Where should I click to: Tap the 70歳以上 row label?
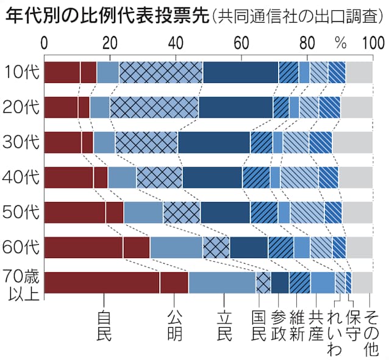pyautogui.click(x=21, y=283)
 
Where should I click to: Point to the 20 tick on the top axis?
pyautogui.click(x=110, y=43)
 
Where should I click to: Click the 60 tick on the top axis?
pyautogui.click(x=241, y=43)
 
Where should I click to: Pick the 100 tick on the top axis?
pyautogui.click(x=372, y=43)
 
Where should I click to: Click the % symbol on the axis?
pyautogui.click(x=340, y=43)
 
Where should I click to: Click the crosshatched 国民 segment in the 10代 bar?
pyautogui.click(x=161, y=72)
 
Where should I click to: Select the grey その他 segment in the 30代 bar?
pyautogui.click(x=352, y=142)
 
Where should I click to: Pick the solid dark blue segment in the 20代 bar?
pyautogui.click(x=235, y=107)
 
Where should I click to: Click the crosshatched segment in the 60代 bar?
pyautogui.click(x=216, y=247)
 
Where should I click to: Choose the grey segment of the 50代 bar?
pyautogui.click(x=357, y=212)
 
